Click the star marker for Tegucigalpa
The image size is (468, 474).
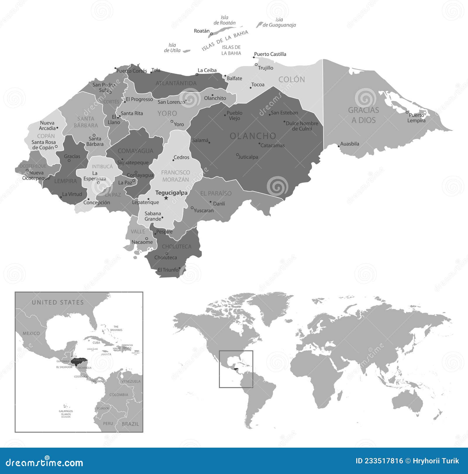[x=166, y=198]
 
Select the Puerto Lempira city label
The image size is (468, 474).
[x=417, y=118]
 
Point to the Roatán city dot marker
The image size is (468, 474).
[x=211, y=34]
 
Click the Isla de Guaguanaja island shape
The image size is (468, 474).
[x=259, y=25]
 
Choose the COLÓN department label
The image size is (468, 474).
[x=292, y=79]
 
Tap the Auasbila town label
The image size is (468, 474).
[x=350, y=144]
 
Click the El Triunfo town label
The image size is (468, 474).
[x=168, y=270]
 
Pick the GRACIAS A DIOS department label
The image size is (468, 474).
[x=363, y=115]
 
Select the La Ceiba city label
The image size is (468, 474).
[x=207, y=70]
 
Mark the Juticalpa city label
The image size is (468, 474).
[x=248, y=157]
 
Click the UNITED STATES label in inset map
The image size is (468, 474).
[x=58, y=302]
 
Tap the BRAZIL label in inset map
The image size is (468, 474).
[x=130, y=424]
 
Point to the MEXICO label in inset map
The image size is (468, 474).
[x=31, y=333]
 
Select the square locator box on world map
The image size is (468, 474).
[x=236, y=369]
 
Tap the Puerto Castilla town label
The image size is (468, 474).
[x=270, y=54]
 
